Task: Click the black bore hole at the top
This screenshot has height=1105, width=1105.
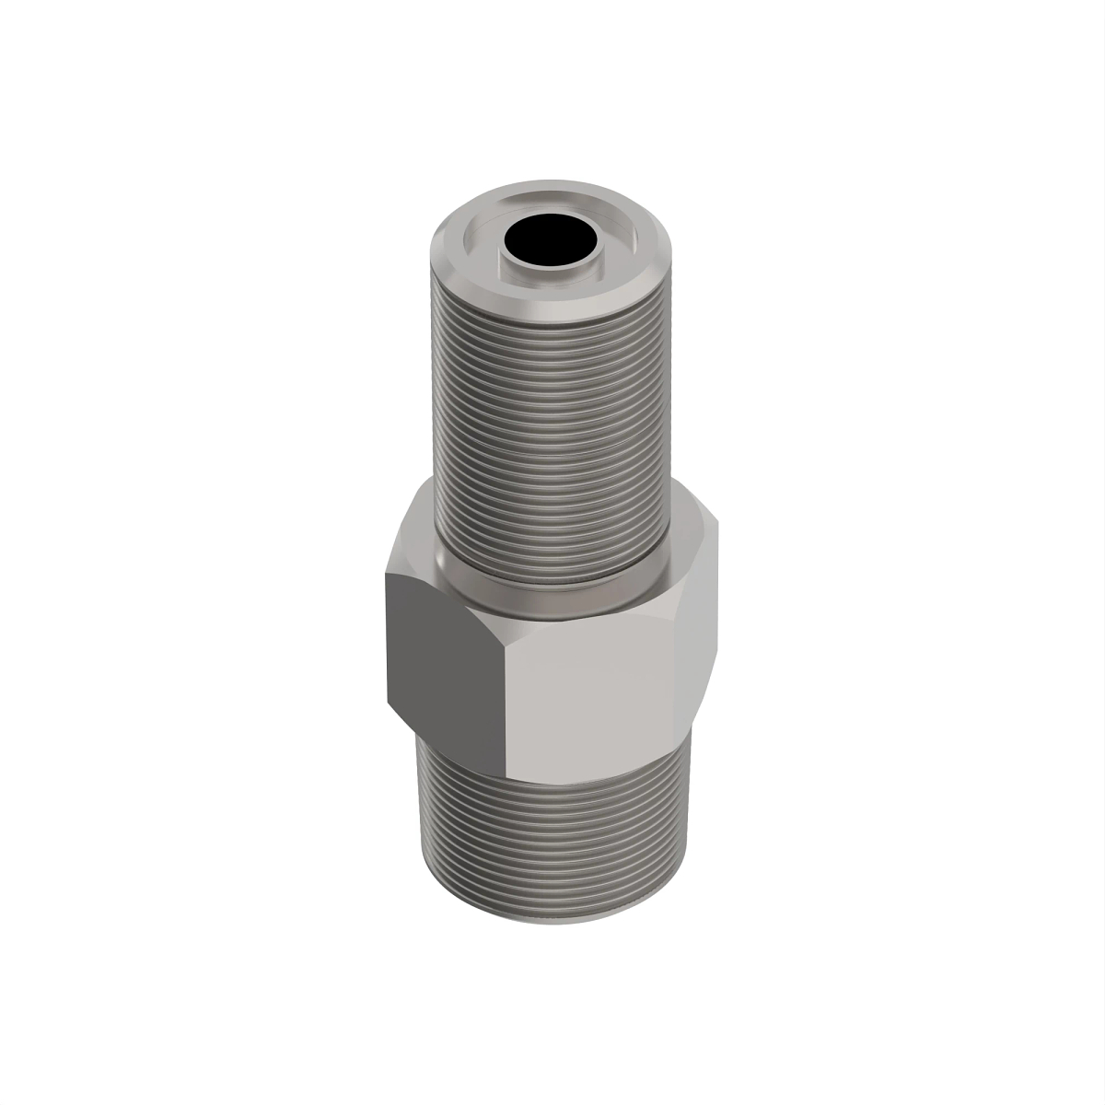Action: [x=550, y=238]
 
